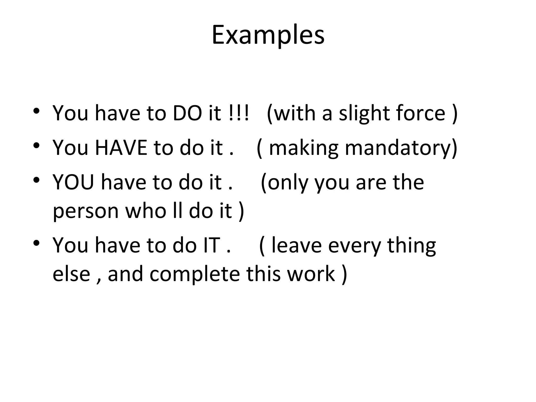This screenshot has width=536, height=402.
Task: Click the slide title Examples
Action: [x=268, y=35]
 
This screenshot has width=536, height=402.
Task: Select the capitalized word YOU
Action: [x=73, y=182]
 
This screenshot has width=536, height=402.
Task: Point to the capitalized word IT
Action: [x=211, y=245]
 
